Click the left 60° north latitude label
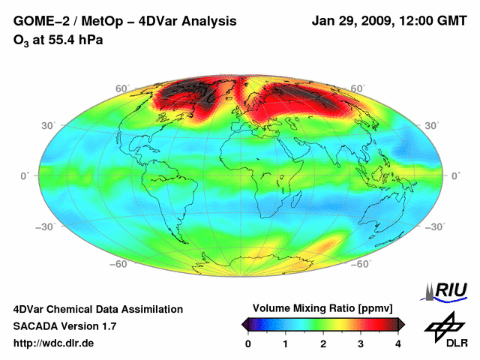120,88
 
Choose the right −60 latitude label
361,264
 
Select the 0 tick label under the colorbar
248,343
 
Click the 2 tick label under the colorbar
323,343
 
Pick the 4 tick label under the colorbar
398,343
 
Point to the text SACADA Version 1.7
64,326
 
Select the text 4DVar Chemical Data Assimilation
97,309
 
